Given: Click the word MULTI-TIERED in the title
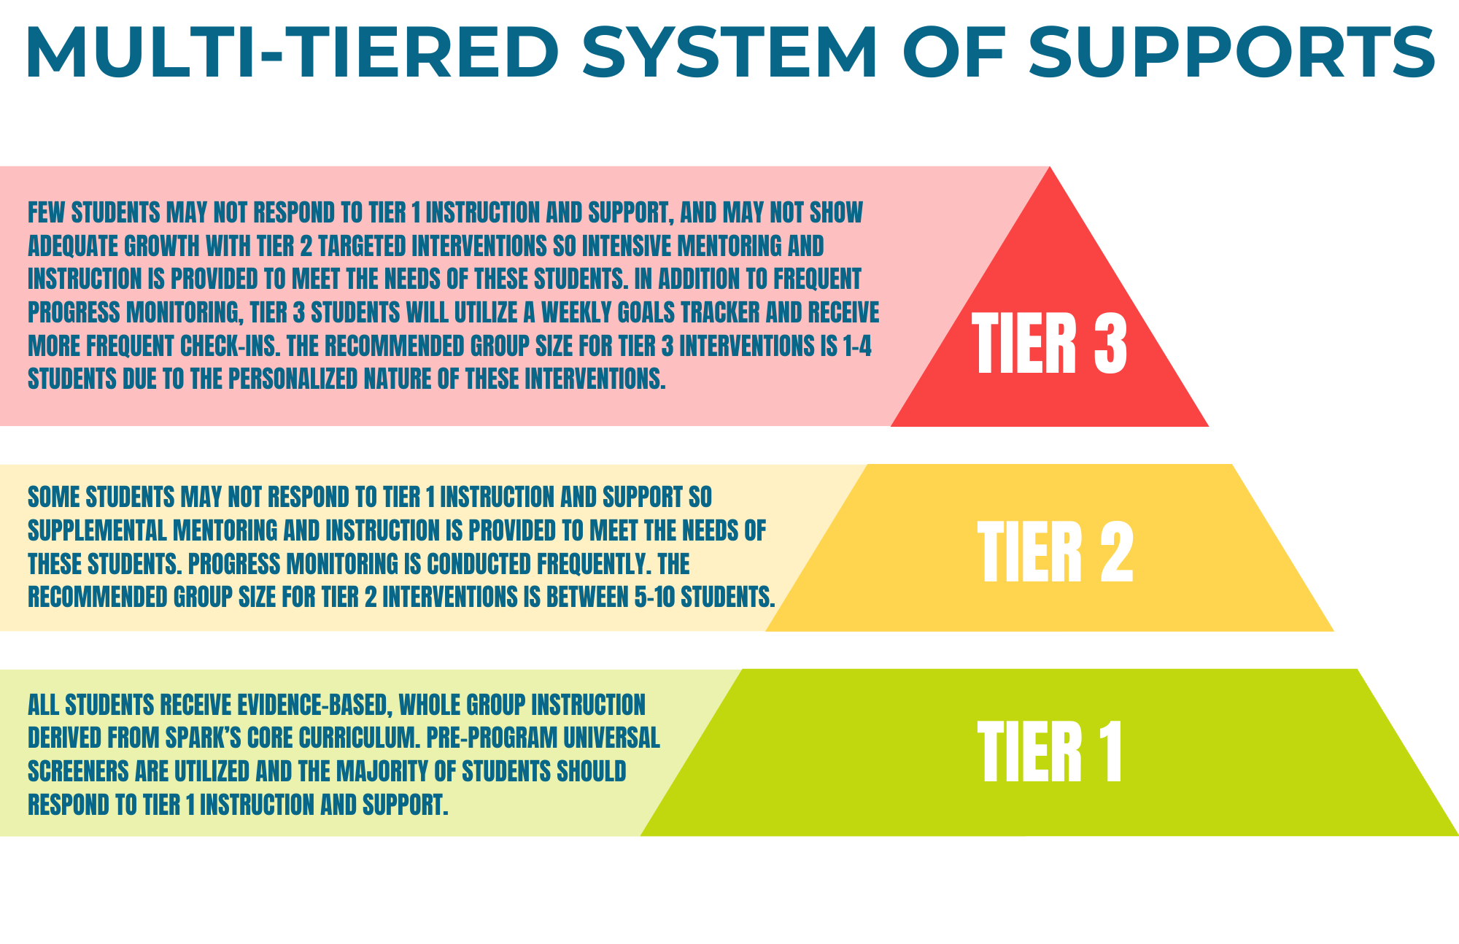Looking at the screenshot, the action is pyautogui.click(x=292, y=53).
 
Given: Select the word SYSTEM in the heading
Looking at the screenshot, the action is pyautogui.click(x=730, y=53).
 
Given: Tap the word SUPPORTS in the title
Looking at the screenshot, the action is pyautogui.click(x=1233, y=53).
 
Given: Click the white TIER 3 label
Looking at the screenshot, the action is pyautogui.click(x=1050, y=343).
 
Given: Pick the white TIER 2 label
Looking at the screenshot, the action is pyautogui.click(x=1055, y=552).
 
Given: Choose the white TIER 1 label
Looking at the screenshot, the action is pyautogui.click(x=1050, y=751).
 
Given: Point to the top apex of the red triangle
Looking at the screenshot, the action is pyautogui.click(x=1050, y=167).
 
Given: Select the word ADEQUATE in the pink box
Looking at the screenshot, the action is pyautogui.click(x=73, y=246).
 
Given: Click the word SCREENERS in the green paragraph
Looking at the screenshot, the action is pyautogui.click(x=78, y=771).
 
